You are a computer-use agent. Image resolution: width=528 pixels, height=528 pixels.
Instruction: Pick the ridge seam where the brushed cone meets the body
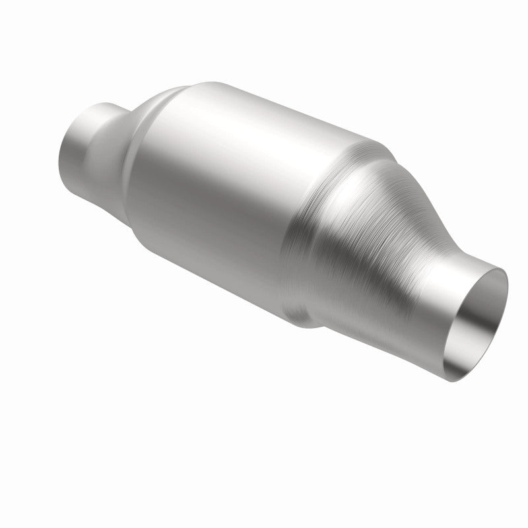pos(317,218)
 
